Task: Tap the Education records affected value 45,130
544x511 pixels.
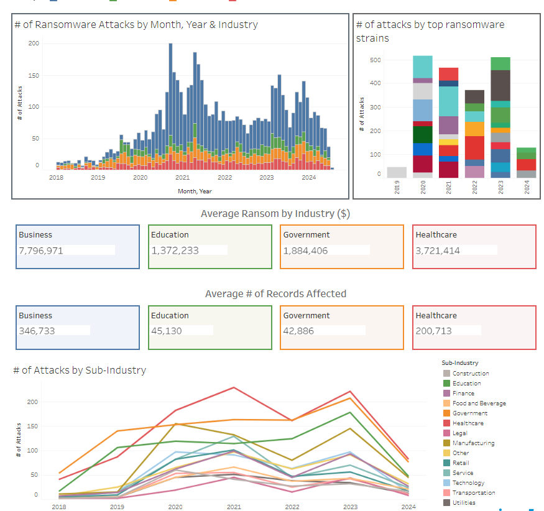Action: click(x=167, y=331)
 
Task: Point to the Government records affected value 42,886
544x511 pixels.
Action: click(x=301, y=331)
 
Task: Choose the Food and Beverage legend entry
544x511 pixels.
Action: click(x=479, y=403)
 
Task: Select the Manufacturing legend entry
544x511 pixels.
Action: click(x=473, y=443)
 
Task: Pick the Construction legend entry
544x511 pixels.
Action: click(x=471, y=373)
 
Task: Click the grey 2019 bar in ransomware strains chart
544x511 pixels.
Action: click(x=397, y=172)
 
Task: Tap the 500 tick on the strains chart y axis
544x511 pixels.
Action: click(x=376, y=60)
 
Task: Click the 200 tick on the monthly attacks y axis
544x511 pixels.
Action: click(x=34, y=44)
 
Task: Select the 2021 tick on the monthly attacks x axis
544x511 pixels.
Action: click(x=182, y=177)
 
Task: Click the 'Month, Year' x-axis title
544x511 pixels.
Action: click(x=194, y=191)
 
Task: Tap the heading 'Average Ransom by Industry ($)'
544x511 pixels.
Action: click(x=275, y=213)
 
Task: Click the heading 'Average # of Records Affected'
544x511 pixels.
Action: click(x=275, y=293)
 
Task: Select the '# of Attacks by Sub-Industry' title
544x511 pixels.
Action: click(x=80, y=370)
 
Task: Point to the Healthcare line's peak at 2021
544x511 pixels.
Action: click(x=234, y=387)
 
